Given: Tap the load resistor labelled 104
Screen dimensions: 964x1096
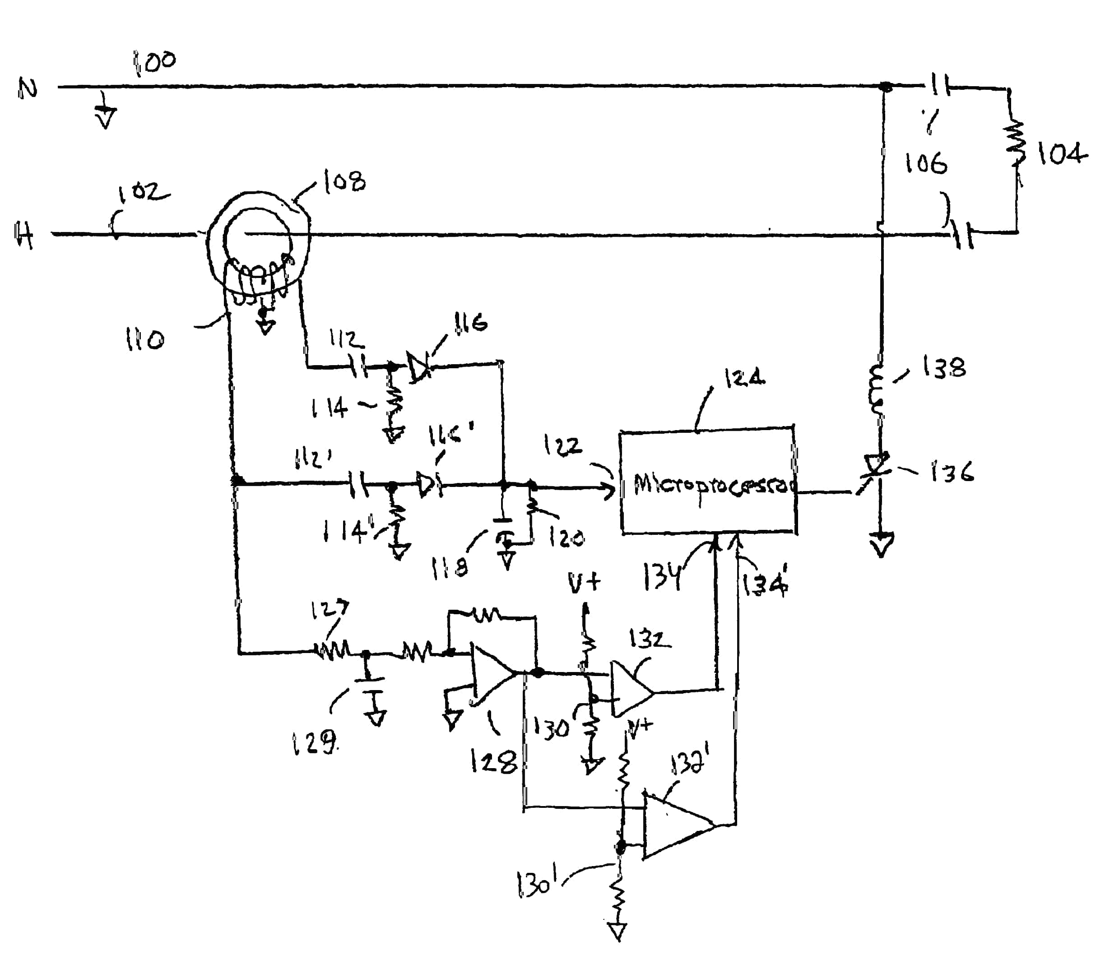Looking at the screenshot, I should [1015, 144].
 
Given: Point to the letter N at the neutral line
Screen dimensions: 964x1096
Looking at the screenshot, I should [28, 88].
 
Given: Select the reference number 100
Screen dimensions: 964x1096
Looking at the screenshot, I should [154, 62].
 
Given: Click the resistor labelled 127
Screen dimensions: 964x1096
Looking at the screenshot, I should [332, 651].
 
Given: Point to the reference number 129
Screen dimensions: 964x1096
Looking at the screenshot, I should [315, 743].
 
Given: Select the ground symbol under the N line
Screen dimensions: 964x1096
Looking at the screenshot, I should [106, 115].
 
